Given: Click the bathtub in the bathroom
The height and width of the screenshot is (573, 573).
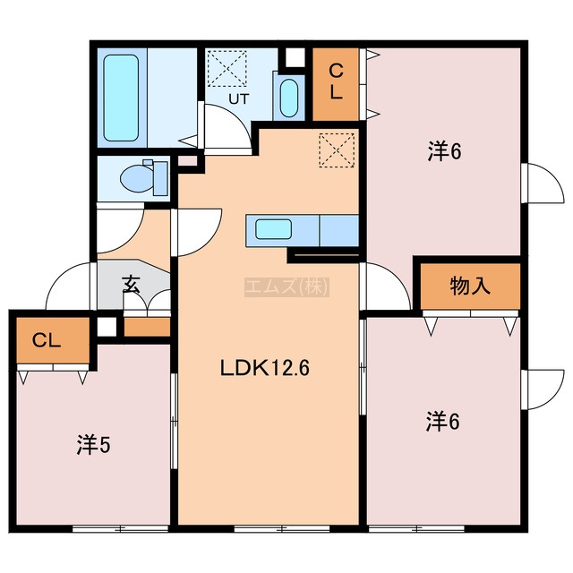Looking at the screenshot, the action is pos(121,98).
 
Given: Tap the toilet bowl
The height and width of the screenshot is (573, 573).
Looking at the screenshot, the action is pos(137,179).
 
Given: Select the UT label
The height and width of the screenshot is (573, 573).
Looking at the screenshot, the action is pos(239,98).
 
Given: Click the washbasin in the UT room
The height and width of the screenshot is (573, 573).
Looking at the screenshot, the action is pos(289,98).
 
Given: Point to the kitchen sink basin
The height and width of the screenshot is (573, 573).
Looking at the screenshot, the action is pos(273,229).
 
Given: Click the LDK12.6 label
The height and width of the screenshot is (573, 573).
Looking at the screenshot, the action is pos(265,368).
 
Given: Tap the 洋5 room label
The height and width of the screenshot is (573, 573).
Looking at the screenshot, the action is pos(93,445).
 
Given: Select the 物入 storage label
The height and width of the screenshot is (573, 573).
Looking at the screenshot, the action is pos(470,286).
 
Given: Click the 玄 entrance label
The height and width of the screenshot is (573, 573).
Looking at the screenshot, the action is pos(132,284).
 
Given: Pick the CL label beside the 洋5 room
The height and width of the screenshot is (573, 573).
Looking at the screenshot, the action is pos(47,341).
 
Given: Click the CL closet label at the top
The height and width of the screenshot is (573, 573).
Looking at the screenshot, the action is pos(336,81).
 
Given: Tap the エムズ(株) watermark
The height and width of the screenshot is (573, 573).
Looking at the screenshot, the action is pos(286,286).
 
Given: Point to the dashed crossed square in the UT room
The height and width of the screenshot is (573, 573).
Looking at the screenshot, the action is pos(227,68).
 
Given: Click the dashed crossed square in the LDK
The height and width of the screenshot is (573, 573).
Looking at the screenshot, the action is pos(337,150).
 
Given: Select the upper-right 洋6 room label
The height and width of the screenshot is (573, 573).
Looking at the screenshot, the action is pos(445,151).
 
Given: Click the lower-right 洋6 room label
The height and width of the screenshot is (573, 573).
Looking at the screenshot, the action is pos(442,421).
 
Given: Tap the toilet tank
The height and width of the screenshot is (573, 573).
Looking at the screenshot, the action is pos(160,179).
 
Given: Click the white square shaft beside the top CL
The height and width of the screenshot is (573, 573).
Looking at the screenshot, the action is pos(295,57).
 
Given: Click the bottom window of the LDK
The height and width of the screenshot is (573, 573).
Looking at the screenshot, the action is pos(282,528).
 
